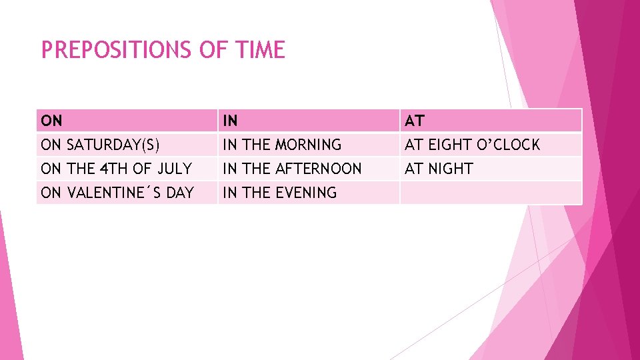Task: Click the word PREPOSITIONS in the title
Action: pos(116,50)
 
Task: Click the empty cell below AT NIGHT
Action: pos(490,193)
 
